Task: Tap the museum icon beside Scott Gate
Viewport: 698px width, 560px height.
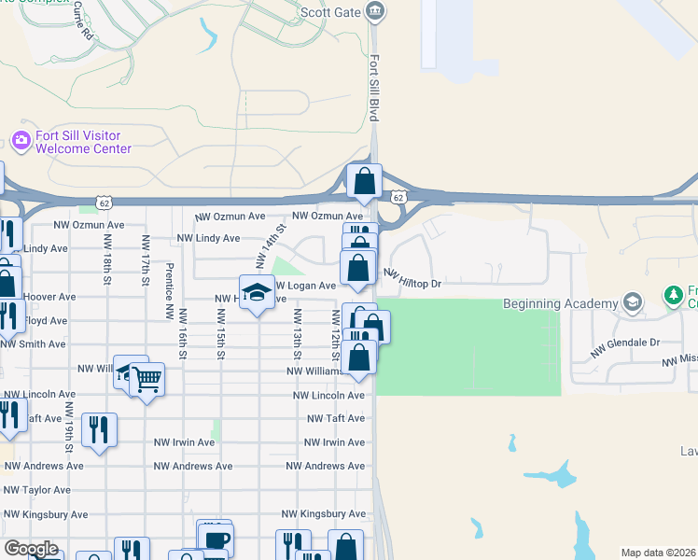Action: tap(375, 12)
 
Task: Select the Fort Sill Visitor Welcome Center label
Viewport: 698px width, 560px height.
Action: tap(83, 142)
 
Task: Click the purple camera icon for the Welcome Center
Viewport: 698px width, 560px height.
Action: tap(21, 141)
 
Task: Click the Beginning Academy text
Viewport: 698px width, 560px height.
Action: tap(560, 303)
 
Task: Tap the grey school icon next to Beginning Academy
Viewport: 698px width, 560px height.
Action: tap(634, 301)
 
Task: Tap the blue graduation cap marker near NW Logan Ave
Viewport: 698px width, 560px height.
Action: tap(257, 293)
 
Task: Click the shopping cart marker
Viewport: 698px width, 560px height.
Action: tap(147, 380)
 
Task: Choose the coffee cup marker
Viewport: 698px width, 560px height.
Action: tap(216, 539)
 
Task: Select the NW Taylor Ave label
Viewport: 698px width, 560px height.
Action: tap(35, 490)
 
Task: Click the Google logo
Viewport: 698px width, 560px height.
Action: tap(32, 549)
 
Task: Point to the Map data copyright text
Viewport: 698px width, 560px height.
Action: tap(658, 553)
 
